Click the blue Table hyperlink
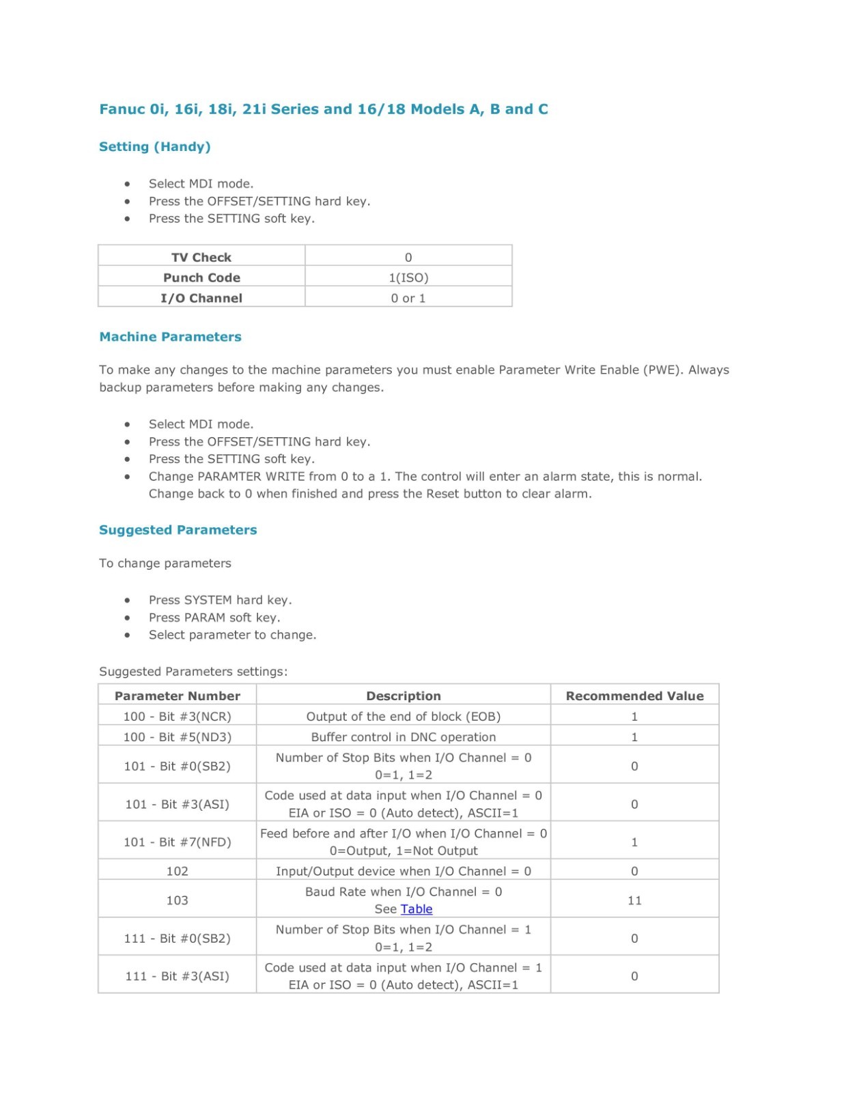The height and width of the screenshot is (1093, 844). (417, 909)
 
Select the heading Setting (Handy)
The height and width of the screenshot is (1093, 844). (154, 147)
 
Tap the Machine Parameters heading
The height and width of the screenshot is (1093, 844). (170, 337)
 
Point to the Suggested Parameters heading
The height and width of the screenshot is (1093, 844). (178, 530)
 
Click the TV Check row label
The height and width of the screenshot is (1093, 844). (201, 258)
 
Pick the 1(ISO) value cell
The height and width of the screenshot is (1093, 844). (408, 278)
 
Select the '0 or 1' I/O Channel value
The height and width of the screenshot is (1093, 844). (408, 299)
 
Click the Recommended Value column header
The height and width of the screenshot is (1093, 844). (634, 696)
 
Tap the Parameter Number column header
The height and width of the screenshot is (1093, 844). (178, 696)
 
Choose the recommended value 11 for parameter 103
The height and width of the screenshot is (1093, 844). (634, 900)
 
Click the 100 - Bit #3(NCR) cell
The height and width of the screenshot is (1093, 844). (178, 717)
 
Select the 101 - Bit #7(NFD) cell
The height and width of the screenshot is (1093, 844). (178, 842)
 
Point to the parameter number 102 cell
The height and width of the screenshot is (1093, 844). (178, 871)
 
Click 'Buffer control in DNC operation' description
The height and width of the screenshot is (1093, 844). (404, 737)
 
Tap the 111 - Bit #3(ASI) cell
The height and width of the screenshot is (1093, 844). (178, 976)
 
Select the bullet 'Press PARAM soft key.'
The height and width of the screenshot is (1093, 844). (214, 618)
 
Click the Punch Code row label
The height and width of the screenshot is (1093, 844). (201, 278)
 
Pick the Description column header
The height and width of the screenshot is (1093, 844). (404, 696)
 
